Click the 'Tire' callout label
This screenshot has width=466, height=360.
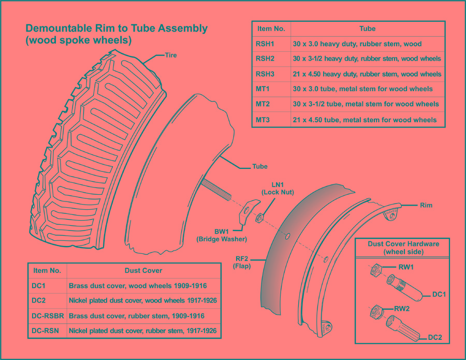(x=171, y=55)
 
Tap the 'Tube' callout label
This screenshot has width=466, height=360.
(x=259, y=166)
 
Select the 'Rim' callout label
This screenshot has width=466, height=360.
(x=426, y=205)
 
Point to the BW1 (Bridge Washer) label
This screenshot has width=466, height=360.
(x=222, y=235)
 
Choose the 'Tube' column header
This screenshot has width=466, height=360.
(x=367, y=28)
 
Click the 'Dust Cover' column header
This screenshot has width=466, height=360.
(x=143, y=270)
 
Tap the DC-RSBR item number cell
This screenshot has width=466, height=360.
(x=47, y=315)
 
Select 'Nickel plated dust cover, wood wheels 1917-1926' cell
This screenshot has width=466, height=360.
(x=142, y=300)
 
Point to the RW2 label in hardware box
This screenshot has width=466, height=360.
(x=402, y=309)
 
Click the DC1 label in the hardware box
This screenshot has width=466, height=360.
(x=439, y=294)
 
